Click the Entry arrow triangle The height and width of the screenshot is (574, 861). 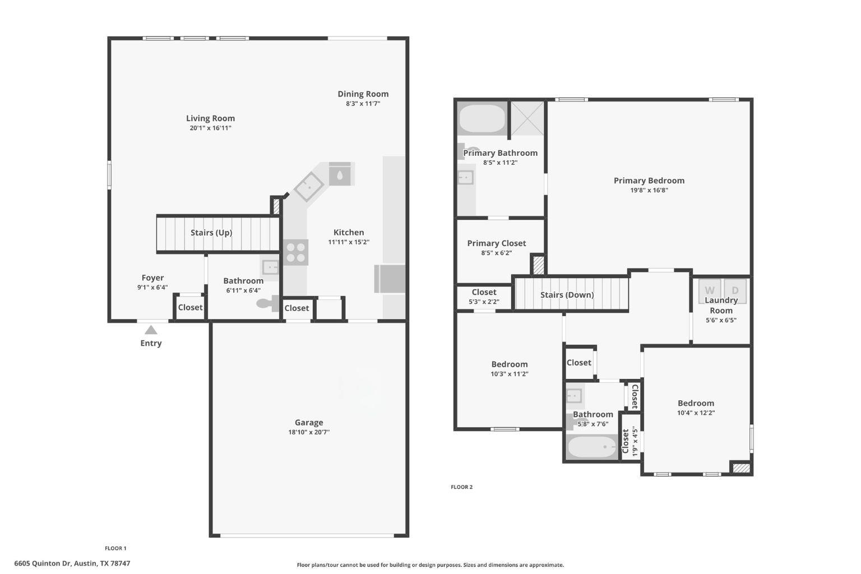tap(151, 330)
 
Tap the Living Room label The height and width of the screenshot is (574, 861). tap(210, 118)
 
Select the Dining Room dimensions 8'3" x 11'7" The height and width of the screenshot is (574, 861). tap(363, 104)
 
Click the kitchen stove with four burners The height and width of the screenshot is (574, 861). tap(295, 252)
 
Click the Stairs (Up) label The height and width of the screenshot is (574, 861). tap(211, 233)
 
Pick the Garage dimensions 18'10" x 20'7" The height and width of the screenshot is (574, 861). tap(309, 432)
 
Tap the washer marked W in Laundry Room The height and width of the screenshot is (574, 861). tap(710, 290)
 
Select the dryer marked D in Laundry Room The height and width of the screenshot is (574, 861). tap(735, 290)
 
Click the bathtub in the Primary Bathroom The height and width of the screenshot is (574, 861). tap(483, 118)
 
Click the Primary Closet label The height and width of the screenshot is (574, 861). tap(497, 243)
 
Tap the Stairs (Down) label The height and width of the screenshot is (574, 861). tap(567, 295)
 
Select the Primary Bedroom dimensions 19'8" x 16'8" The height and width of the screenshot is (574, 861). tap(649, 190)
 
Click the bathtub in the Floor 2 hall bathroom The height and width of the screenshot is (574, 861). tap(592, 447)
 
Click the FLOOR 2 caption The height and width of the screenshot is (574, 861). tap(461, 487)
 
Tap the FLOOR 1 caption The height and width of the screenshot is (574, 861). tap(115, 548)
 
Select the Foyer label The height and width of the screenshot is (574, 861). tap(152, 278)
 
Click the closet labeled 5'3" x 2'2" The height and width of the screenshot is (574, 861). tap(484, 297)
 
